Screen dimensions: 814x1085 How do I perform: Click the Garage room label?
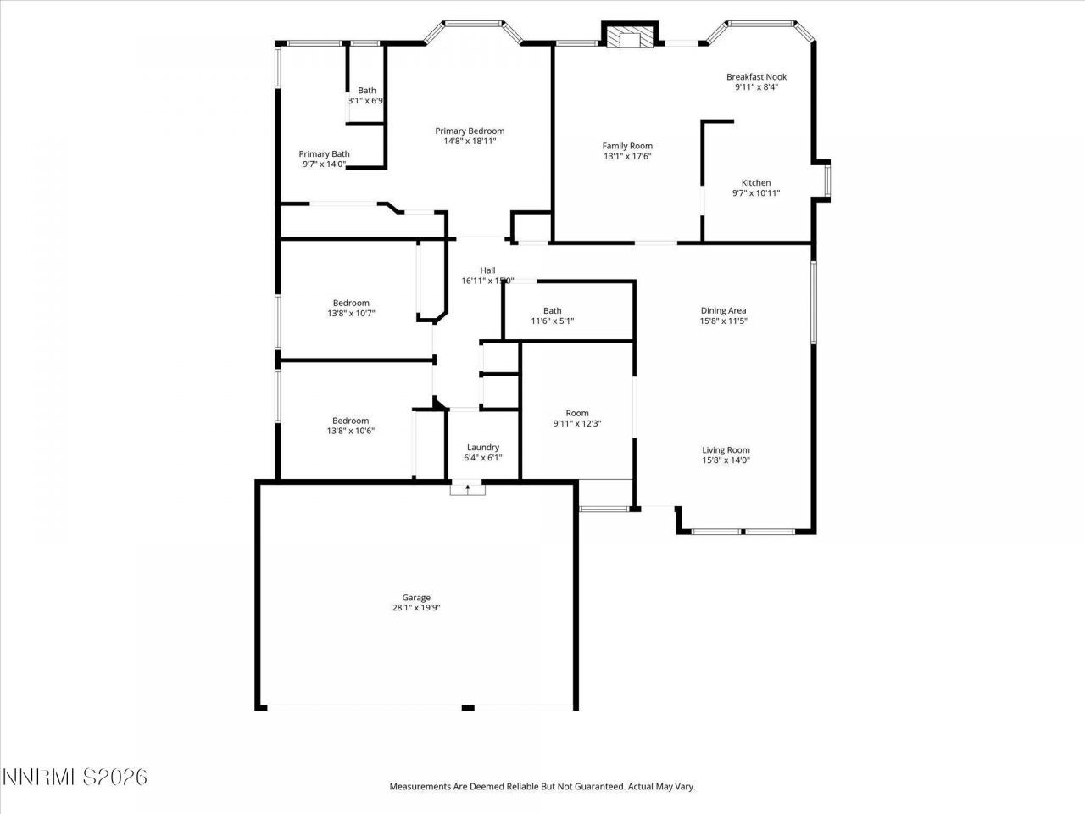pos(416,597)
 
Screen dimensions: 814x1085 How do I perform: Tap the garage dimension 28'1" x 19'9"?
pos(416,607)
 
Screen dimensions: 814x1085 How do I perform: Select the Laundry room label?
pos(483,447)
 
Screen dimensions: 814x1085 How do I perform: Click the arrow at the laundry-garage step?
pos(467,488)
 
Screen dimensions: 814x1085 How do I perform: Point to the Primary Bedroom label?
pos(470,131)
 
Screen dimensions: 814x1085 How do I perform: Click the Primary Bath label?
pos(324,153)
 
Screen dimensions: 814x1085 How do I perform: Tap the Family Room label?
pos(627,146)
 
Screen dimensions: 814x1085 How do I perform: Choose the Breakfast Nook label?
pos(756,76)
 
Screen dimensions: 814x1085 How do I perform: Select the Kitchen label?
pos(756,182)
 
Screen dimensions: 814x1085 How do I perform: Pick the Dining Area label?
pos(723,310)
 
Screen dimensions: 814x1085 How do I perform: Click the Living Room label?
pos(726,450)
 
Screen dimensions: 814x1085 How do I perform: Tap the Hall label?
pos(487,270)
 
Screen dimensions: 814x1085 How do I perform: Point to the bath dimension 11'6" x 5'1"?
pos(553,321)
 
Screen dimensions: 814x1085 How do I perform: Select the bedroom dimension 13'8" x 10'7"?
pos(351,314)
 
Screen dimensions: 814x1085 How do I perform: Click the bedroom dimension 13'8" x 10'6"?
pos(351,431)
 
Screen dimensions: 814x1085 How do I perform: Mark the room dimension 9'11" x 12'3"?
pos(577,424)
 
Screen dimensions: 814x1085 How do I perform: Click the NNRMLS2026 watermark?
pos(75,777)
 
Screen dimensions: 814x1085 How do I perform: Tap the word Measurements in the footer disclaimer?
pos(420,787)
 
